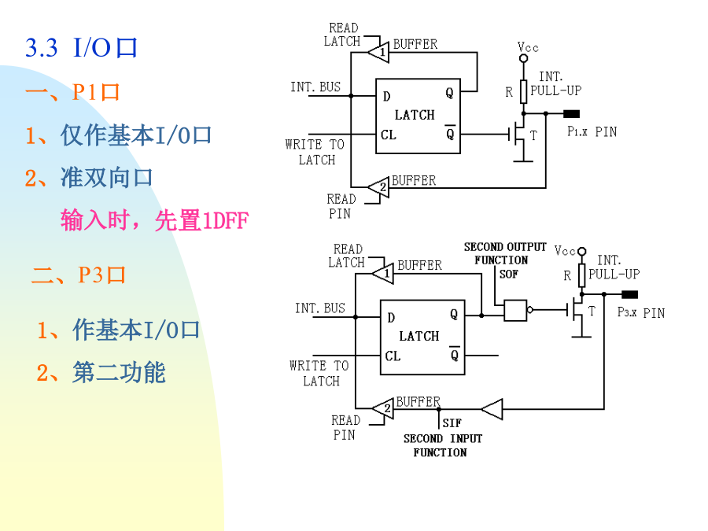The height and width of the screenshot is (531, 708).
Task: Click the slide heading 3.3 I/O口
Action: pos(81,47)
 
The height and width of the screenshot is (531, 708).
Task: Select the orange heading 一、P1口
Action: pos(72,92)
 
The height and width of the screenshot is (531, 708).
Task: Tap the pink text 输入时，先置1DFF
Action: pos(154,220)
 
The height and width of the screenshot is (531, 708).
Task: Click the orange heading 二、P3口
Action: pos(79,275)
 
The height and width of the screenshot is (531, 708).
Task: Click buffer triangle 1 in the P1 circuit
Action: pos(378,52)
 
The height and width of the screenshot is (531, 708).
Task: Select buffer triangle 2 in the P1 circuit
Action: pos(378,187)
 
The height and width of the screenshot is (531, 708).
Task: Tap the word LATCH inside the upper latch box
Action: pos(415,115)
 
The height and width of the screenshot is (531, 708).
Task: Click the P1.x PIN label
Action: pos(592,131)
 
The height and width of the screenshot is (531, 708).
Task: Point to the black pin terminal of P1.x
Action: pos(571,114)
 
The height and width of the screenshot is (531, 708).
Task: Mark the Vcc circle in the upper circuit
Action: pos(524,58)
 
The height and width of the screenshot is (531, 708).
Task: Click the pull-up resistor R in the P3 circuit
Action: pos(582,275)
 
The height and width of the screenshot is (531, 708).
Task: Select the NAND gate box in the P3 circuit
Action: pos(515,310)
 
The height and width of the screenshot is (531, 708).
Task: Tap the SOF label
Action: pos(509,274)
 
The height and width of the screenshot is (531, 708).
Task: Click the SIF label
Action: pos(452,423)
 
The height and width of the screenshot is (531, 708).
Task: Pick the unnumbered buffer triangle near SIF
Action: pos(492,409)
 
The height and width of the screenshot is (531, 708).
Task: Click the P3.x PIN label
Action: pos(641,312)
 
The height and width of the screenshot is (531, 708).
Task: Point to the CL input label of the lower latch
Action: pos(393,356)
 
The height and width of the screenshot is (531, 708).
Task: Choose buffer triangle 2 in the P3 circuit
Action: pos(383,408)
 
